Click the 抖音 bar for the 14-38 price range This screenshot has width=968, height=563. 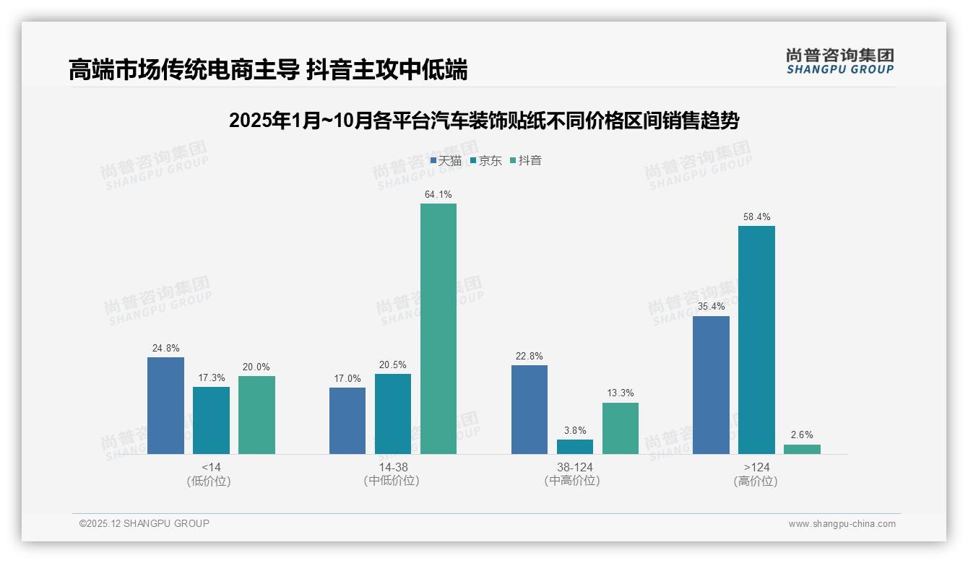(438, 328)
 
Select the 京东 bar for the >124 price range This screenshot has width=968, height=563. (756, 340)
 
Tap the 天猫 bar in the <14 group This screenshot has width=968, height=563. (165, 406)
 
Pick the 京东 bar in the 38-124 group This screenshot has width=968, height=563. (575, 447)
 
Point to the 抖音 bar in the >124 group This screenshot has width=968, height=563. (802, 449)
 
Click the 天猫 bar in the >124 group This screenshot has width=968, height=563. (711, 385)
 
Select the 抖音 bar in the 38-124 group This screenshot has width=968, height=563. (621, 428)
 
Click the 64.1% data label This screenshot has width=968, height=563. (438, 195)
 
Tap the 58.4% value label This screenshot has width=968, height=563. (756, 217)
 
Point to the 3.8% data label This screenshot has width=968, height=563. (575, 431)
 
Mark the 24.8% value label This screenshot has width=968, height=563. (165, 349)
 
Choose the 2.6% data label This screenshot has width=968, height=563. (802, 435)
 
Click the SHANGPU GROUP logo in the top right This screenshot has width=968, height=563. (839, 61)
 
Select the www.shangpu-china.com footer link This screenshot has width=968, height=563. (842, 524)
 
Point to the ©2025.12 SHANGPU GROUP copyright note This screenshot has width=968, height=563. (144, 524)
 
